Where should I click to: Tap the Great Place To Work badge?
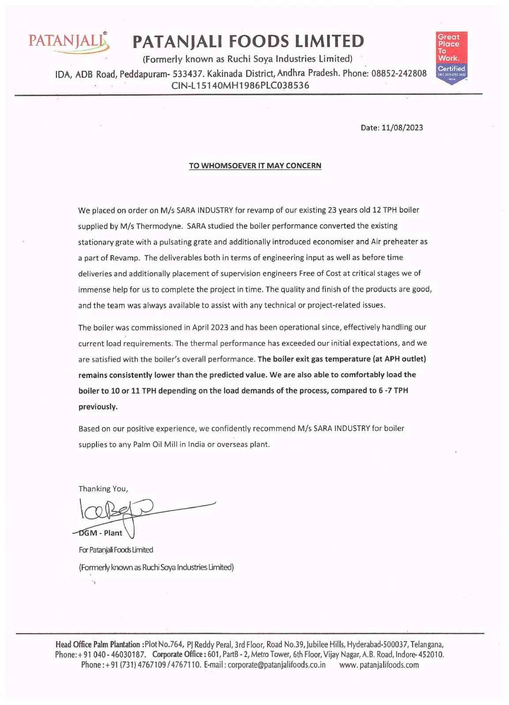(451, 58)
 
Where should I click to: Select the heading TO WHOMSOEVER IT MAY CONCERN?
(255, 166)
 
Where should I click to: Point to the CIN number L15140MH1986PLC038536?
(240, 85)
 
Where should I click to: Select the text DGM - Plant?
(101, 533)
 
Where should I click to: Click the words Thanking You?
(103, 489)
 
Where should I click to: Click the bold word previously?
(98, 407)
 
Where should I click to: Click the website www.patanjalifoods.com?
(379, 665)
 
